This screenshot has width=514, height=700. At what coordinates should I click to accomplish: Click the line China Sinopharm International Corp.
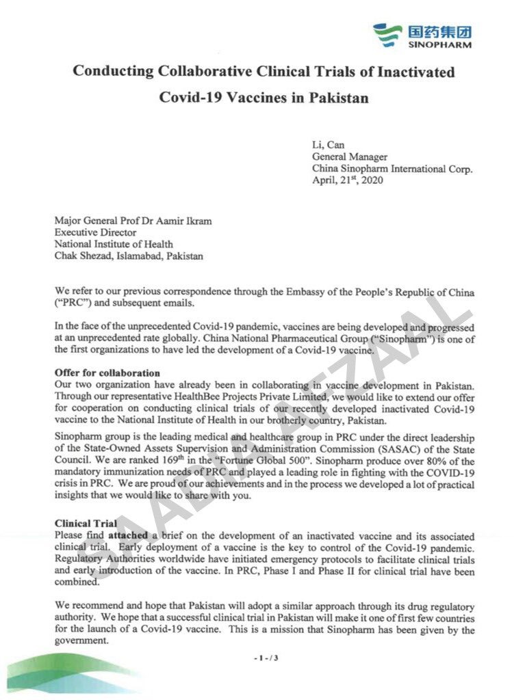pyautogui.click(x=392, y=169)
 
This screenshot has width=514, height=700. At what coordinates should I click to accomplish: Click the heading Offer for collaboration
pyautogui.click(x=107, y=373)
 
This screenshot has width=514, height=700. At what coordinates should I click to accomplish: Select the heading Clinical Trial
pyautogui.click(x=82, y=524)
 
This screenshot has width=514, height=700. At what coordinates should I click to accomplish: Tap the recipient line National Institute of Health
pyautogui.click(x=114, y=245)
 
